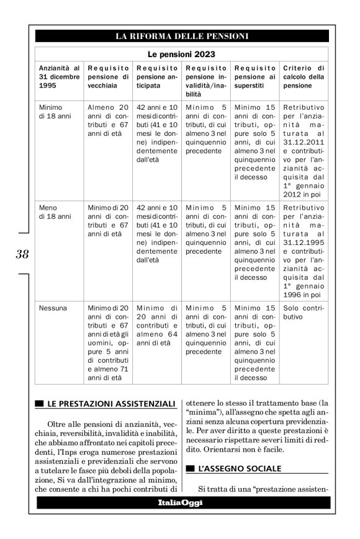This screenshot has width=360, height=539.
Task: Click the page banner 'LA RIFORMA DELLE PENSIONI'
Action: (182, 36)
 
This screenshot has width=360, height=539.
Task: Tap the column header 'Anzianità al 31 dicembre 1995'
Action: (59, 76)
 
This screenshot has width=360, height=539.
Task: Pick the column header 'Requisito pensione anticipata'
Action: (156, 76)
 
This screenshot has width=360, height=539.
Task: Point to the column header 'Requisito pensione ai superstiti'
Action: (255, 76)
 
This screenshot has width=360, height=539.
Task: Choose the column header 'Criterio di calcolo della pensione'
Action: (304, 76)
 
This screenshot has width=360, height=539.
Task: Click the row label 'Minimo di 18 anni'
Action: (50, 111)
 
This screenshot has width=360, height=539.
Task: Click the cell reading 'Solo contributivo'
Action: (304, 312)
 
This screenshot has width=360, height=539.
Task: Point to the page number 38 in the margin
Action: (22, 254)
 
